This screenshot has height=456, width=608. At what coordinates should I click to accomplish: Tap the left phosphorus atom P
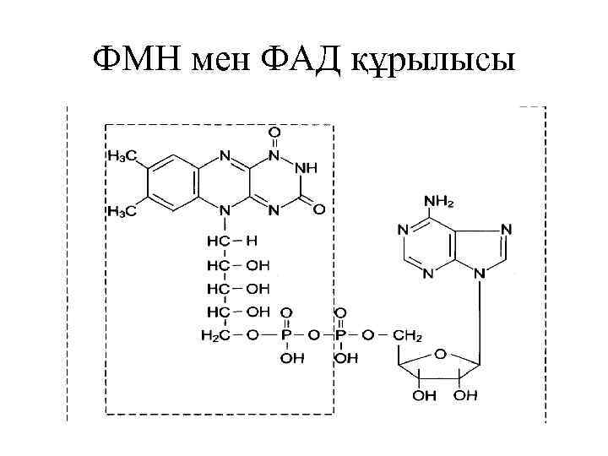287,335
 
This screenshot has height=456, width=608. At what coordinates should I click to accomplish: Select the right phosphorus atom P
341,335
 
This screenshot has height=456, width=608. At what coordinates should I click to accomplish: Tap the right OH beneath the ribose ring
466,395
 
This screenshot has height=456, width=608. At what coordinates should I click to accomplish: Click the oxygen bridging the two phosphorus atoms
314,335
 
